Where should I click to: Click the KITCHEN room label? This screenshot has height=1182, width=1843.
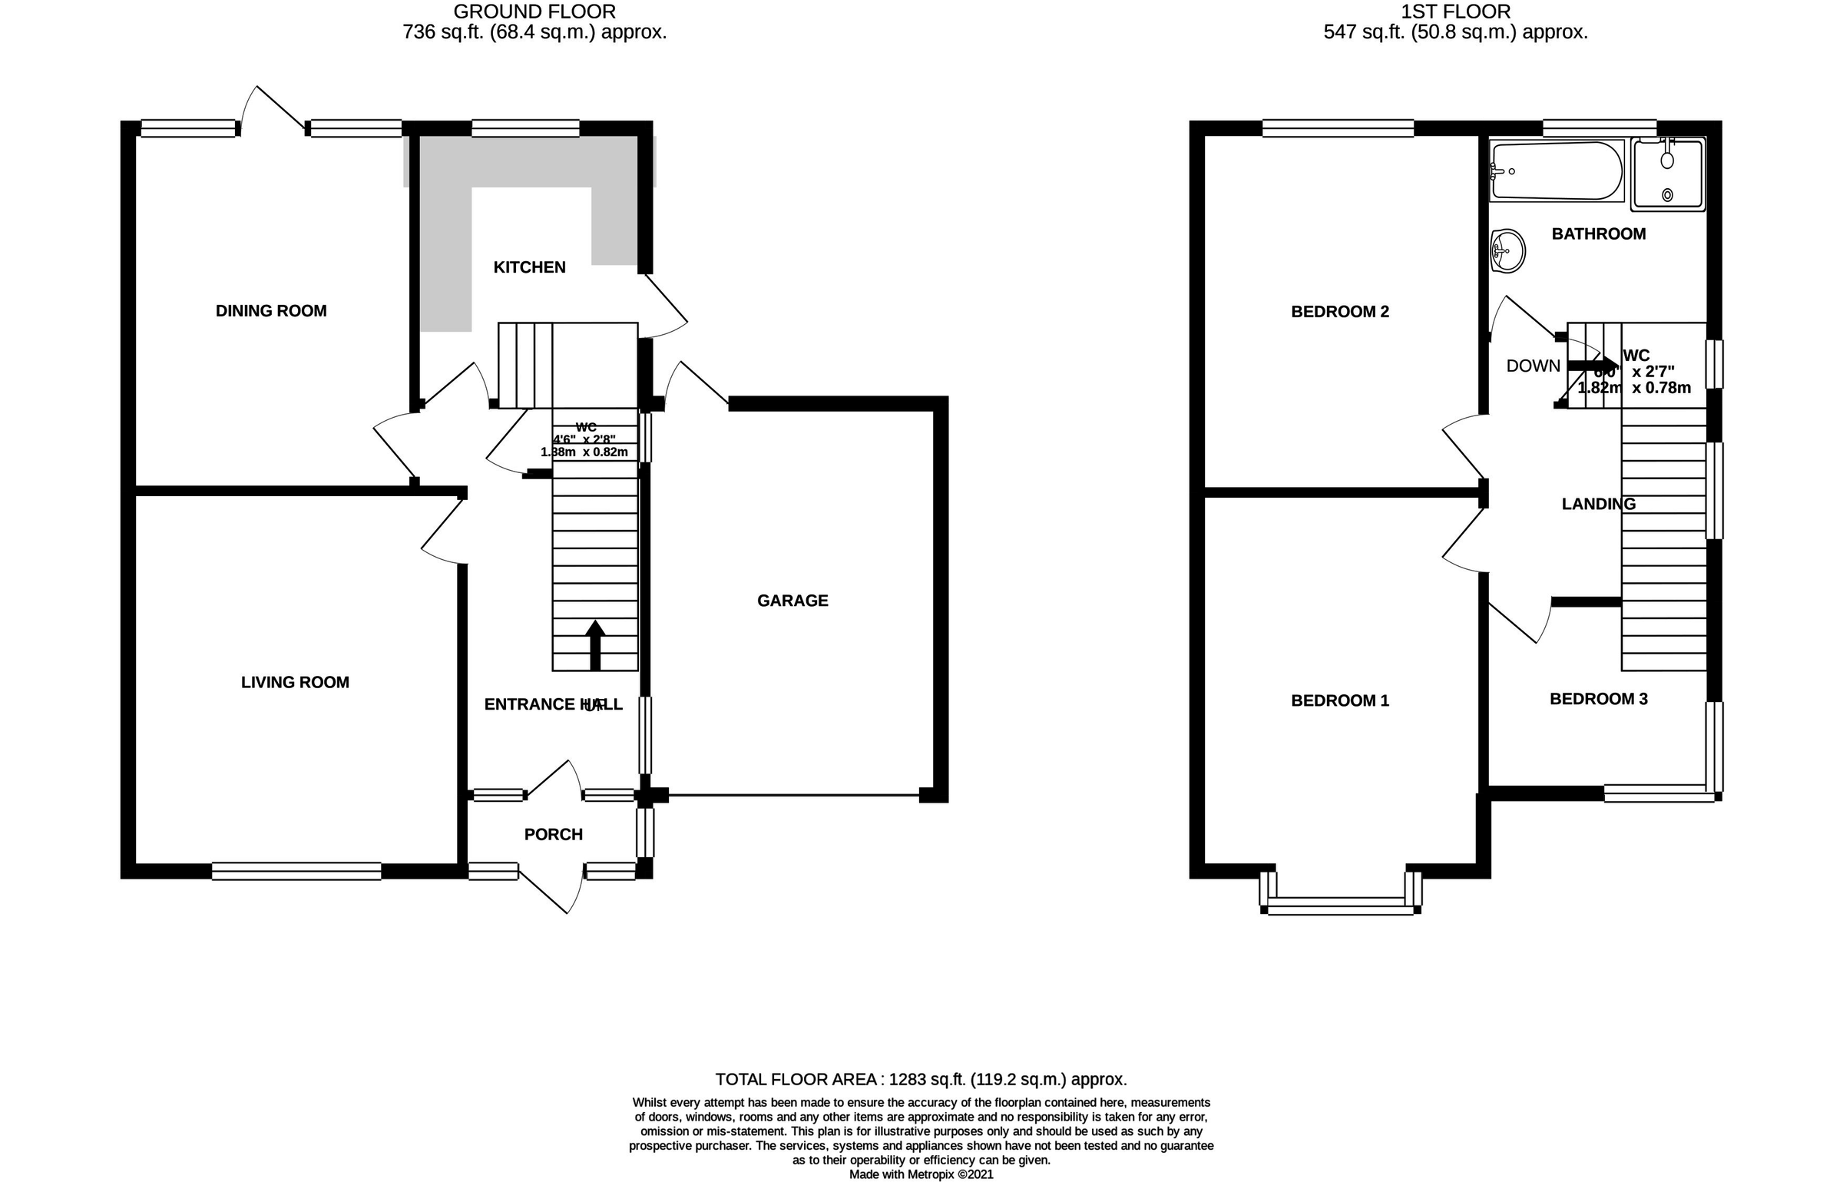(529, 267)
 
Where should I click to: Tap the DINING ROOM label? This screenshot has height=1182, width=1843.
(271, 311)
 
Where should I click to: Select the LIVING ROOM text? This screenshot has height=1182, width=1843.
(295, 682)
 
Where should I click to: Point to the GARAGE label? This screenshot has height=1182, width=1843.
(792, 601)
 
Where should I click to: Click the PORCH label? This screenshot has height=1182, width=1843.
(553, 834)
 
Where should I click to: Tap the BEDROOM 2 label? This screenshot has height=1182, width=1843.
(1340, 312)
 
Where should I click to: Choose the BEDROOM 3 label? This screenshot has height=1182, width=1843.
(1598, 699)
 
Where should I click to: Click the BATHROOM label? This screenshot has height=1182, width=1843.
(1598, 234)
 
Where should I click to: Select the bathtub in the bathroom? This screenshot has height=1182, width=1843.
(1556, 171)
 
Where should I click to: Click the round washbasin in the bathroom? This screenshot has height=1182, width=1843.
(1507, 250)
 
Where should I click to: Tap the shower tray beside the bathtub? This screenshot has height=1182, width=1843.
(1667, 174)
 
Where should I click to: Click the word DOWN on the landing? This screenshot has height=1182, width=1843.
(1533, 366)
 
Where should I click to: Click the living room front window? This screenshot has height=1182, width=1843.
(296, 870)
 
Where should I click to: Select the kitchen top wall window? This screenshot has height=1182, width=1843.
(525, 128)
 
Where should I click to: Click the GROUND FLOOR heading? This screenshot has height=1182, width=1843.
(534, 12)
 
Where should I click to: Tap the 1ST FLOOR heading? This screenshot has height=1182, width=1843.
(1455, 12)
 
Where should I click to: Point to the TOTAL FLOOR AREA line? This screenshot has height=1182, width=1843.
(921, 1079)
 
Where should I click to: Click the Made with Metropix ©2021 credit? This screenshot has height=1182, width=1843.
(921, 1174)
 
